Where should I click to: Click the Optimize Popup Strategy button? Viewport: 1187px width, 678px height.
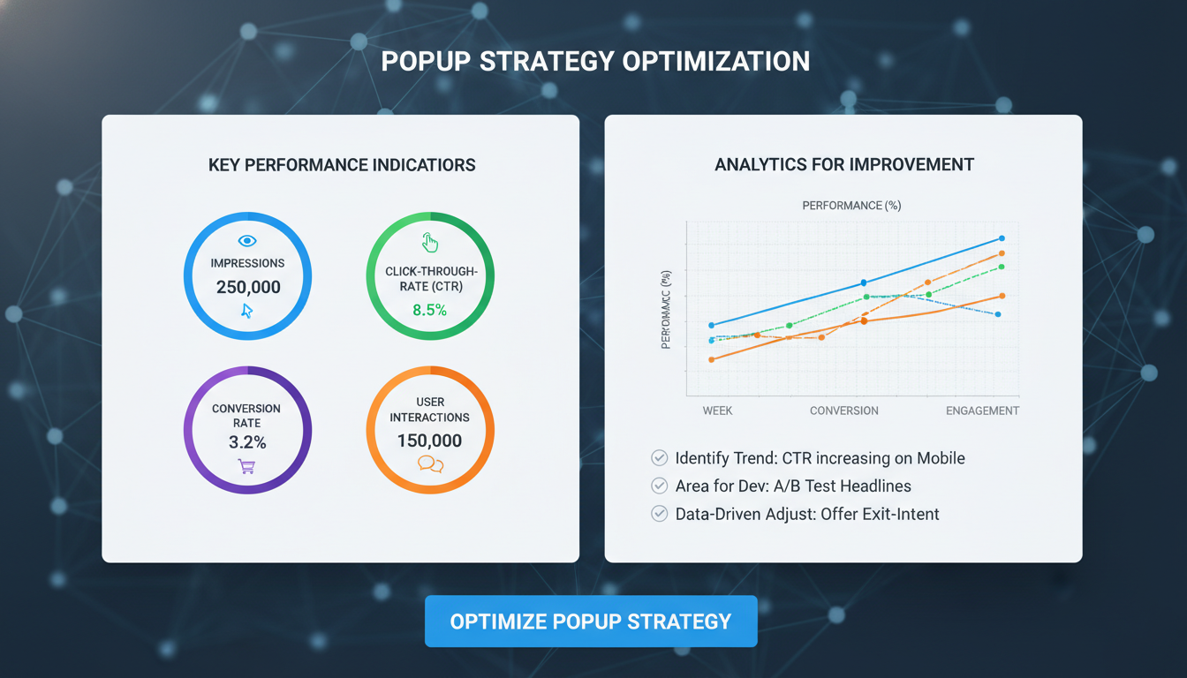pyautogui.click(x=591, y=621)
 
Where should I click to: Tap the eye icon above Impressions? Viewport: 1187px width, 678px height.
pyautogui.click(x=247, y=241)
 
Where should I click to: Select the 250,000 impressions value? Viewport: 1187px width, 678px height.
pyautogui.click(x=248, y=287)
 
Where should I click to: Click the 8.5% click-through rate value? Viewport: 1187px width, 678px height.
pyautogui.click(x=430, y=310)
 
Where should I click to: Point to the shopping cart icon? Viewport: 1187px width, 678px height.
pyautogui.click(x=246, y=466)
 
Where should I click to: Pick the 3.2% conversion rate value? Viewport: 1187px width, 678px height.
pyautogui.click(x=247, y=442)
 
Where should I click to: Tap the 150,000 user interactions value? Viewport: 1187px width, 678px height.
pyautogui.click(x=430, y=441)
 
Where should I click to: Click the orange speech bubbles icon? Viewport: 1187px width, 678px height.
pyautogui.click(x=430, y=464)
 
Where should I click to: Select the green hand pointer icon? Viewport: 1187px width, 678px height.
pyautogui.click(x=430, y=243)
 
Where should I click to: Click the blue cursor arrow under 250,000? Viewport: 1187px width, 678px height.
pyautogui.click(x=247, y=311)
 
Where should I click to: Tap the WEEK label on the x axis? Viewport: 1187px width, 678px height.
pyautogui.click(x=717, y=411)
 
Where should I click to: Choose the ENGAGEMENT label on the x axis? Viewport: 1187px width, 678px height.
pyautogui.click(x=982, y=411)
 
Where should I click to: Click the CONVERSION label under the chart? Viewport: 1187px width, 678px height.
pyautogui.click(x=844, y=411)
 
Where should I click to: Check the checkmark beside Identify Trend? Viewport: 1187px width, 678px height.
pyautogui.click(x=659, y=458)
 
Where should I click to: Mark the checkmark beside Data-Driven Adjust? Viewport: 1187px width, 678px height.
pyautogui.click(x=659, y=514)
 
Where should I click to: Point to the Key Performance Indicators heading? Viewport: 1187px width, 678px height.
pyautogui.click(x=342, y=165)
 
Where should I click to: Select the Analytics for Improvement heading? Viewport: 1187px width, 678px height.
pyautogui.click(x=844, y=165)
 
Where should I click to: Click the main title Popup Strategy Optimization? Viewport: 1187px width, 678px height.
pyautogui.click(x=595, y=61)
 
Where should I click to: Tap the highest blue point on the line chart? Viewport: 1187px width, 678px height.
pyautogui.click(x=1001, y=238)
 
